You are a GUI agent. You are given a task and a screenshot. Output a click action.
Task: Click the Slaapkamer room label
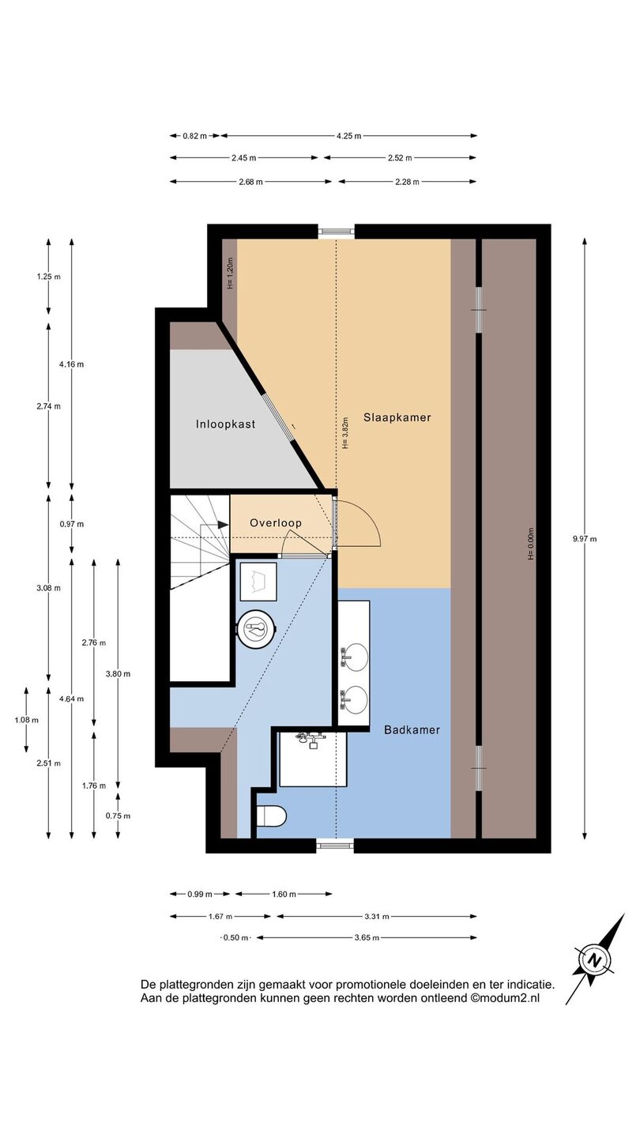pos(397,417)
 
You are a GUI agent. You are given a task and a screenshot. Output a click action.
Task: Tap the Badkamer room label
pos(412,730)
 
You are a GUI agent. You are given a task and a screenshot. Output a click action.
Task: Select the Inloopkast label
pos(225,424)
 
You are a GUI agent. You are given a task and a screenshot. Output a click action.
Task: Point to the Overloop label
pos(276,523)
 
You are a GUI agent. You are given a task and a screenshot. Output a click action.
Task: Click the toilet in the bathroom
pos(272,816)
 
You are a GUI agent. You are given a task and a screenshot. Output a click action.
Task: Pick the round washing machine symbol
pos(257,629)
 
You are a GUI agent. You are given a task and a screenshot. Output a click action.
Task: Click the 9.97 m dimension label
pos(585,539)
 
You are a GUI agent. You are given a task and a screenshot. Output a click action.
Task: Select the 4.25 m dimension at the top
pos(349,136)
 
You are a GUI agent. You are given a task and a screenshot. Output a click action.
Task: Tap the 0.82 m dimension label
pos(195,136)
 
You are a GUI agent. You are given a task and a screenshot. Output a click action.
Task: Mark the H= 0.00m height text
pos(531,544)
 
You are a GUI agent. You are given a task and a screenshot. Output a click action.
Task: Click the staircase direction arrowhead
pos(224,525)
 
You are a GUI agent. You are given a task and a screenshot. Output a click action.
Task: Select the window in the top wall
pos(335,232)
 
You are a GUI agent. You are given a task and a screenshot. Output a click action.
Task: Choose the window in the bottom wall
pos(335,846)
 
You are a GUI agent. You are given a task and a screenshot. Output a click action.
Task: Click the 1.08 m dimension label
pos(26,720)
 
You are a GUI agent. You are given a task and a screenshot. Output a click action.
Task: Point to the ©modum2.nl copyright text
pos(505,998)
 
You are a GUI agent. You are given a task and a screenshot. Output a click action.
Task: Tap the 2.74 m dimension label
pos(48,406)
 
